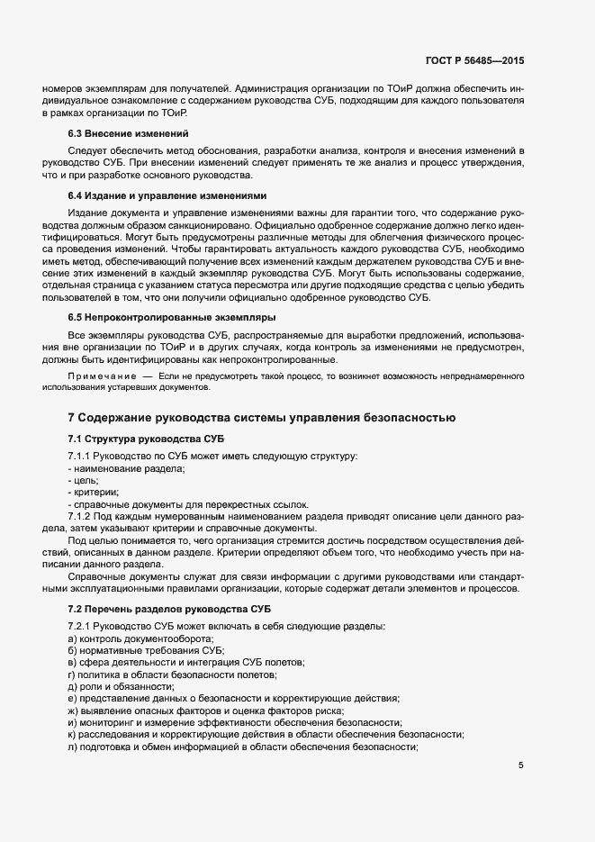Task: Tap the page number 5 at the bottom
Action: click(x=520, y=765)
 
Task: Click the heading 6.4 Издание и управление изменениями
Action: click(x=167, y=195)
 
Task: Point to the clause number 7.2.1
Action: click(x=82, y=626)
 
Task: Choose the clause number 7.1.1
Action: click(x=82, y=457)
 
